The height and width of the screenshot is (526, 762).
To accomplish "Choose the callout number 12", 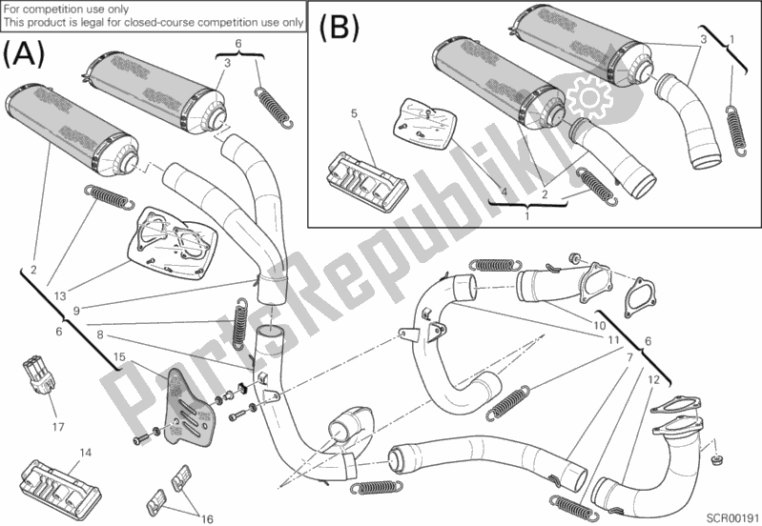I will (x=653, y=379).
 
